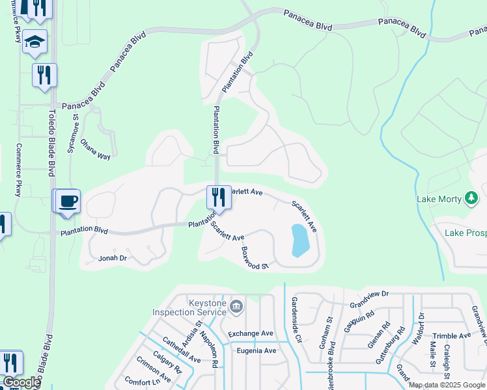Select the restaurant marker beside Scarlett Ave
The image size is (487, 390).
[x=219, y=197]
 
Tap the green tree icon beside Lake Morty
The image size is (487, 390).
[x=471, y=198]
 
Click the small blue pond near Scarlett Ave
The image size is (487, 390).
[x=299, y=240]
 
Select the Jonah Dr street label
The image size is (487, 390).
[x=112, y=258]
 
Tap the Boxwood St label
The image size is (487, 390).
[x=255, y=258]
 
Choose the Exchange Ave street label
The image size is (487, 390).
[x=251, y=333]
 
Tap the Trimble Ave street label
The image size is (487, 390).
[x=451, y=336]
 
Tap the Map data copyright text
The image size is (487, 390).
[x=447, y=385]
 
